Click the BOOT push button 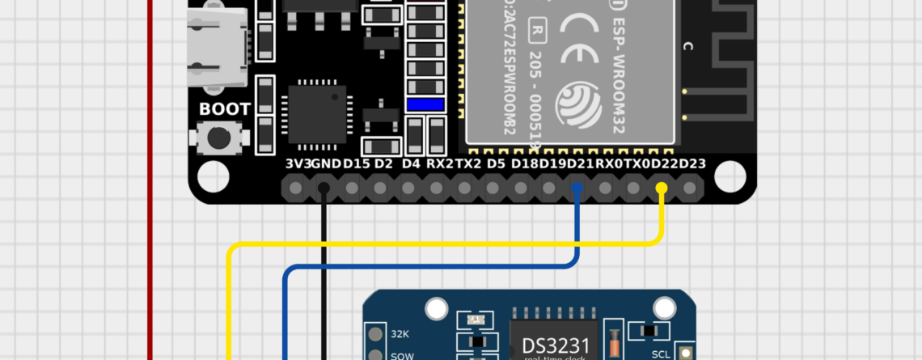click(x=218, y=138)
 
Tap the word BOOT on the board click(x=225, y=108)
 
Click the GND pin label click(x=326, y=164)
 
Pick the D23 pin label click(x=692, y=164)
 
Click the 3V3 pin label click(x=297, y=164)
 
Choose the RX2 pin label click(x=440, y=164)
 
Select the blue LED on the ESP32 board click(x=425, y=104)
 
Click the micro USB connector click(x=217, y=50)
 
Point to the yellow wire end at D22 click(x=662, y=188)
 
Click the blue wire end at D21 click(x=577, y=188)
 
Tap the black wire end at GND click(x=324, y=188)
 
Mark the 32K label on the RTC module click(x=400, y=333)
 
